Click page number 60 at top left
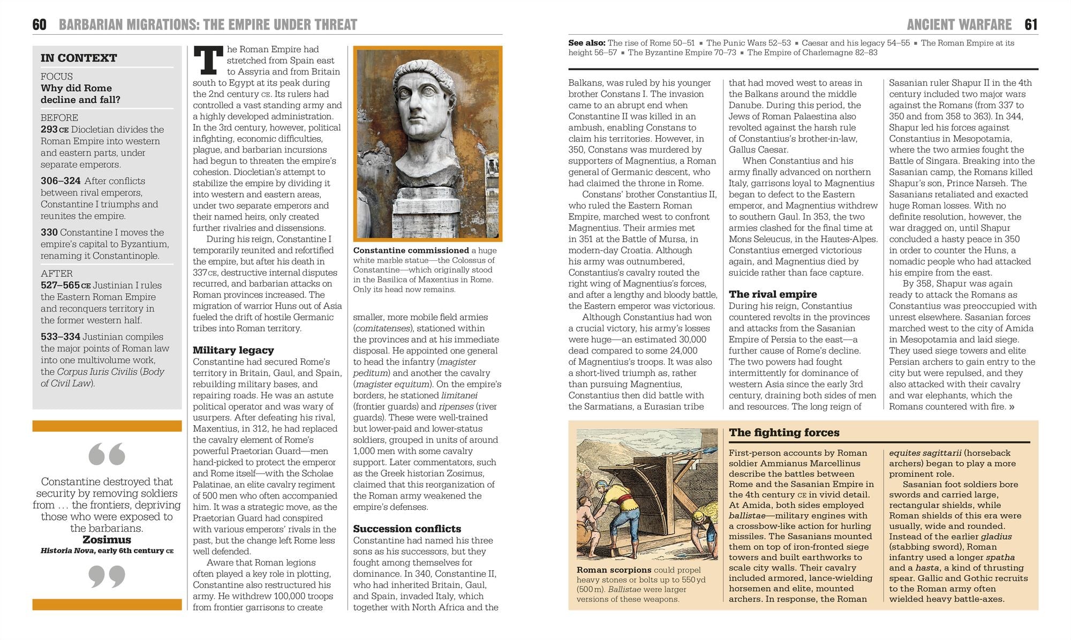pos(40,25)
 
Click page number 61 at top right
pos(1031,25)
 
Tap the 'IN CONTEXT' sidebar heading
pos(79,58)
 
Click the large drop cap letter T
pos(208,60)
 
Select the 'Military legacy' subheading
pos(233,350)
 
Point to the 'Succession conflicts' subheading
pos(406,529)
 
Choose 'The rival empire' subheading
pos(772,294)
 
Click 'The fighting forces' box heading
pos(784,433)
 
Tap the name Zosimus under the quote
pos(107,540)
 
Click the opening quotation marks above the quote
pos(107,454)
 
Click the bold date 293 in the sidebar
pos(49,130)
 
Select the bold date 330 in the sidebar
pos(49,232)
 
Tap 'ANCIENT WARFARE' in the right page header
pos(959,25)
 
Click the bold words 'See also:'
pos(587,43)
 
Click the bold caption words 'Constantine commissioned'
pos(411,251)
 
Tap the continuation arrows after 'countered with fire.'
pos(1011,407)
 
